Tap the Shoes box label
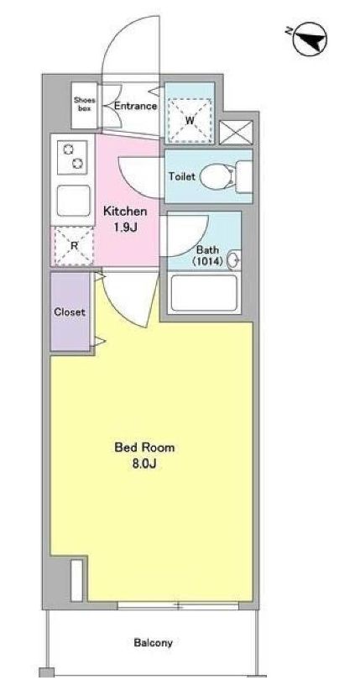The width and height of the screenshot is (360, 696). tap(85, 104)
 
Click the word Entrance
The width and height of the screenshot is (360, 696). tap(135, 106)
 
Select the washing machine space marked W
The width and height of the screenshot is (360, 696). tap(190, 120)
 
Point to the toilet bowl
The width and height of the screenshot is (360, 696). tap(217, 176)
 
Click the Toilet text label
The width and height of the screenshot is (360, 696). tap(181, 176)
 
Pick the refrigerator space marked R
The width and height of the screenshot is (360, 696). tap(74, 245)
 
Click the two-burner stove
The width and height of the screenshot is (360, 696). tap(73, 157)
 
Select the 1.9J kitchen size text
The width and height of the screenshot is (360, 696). tap(125, 228)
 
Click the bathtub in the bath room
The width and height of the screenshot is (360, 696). tap(204, 293)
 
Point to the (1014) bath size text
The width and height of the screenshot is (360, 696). tap(207, 262)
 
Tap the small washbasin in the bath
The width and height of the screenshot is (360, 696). tap(234, 260)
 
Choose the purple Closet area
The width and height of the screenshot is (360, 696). tap(70, 311)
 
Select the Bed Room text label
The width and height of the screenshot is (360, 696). tap(144, 447)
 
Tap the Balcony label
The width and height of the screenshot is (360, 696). tap(153, 642)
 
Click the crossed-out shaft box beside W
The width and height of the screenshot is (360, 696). tap(236, 133)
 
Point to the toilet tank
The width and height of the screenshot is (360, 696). tap(243, 176)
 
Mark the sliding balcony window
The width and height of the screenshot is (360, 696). tap(178, 605)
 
